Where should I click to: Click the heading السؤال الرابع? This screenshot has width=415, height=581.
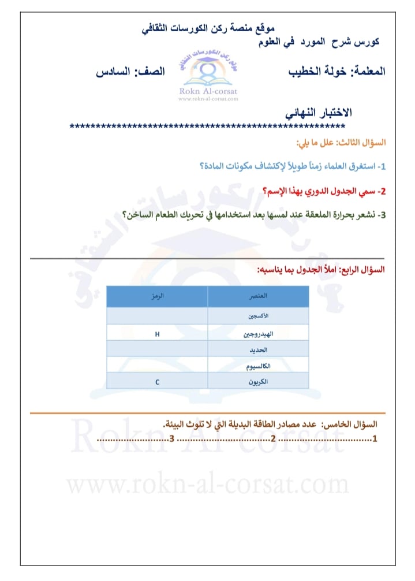coord(357,269)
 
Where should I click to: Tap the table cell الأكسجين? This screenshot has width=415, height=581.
coord(257,316)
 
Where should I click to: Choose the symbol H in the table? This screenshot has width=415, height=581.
coord(157,333)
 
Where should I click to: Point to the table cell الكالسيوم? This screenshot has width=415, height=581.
coord(258,366)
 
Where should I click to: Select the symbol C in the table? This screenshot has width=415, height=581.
coord(157,382)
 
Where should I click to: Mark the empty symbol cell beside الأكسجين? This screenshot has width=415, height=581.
coord(157,316)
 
